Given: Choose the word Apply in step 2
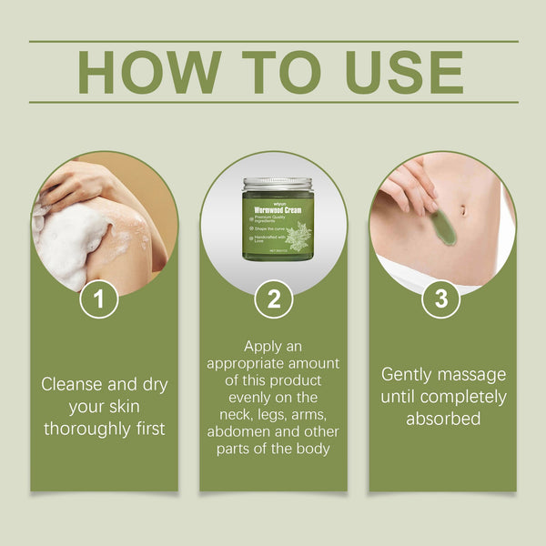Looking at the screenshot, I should pyautogui.click(x=264, y=347).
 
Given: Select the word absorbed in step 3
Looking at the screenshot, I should pyautogui.click(x=442, y=420).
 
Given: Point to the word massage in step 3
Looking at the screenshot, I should pyautogui.click(x=473, y=374).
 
